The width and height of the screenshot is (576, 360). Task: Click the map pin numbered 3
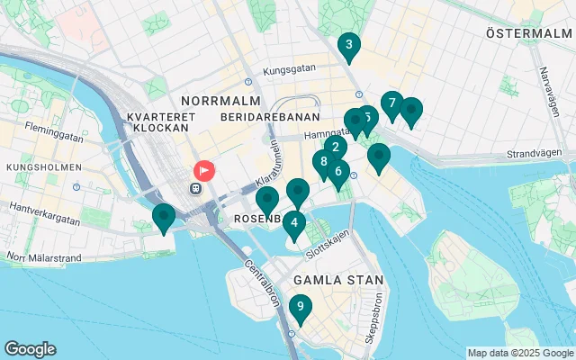(348, 45)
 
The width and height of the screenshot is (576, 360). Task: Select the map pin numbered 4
(294, 222)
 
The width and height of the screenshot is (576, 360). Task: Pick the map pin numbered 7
(391, 103)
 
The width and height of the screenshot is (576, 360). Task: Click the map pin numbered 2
(335, 148)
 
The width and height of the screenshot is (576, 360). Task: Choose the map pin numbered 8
(323, 162)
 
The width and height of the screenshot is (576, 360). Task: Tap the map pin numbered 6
(338, 171)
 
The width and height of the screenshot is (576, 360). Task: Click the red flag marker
(204, 169)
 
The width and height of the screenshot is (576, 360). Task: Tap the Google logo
(30, 349)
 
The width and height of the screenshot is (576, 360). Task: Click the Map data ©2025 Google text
(520, 353)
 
